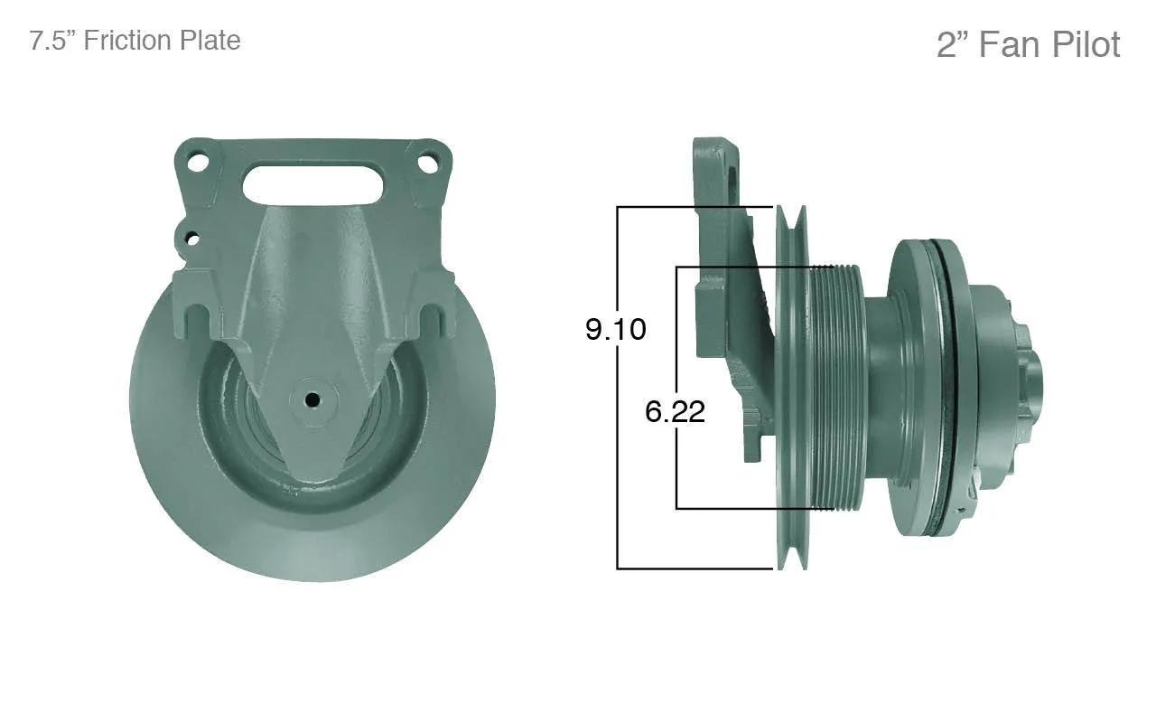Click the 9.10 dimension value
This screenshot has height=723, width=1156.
[x=616, y=330]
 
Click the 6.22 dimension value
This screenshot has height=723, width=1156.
[x=675, y=411]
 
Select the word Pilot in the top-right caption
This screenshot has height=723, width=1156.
[x=1086, y=44]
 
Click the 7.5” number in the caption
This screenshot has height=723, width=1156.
[x=52, y=41]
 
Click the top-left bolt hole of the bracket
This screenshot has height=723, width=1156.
[x=198, y=162]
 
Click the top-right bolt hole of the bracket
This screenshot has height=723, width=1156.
[x=428, y=163]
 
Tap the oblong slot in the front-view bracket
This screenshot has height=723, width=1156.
[x=312, y=185]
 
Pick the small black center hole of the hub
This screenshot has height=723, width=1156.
[x=312, y=399]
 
